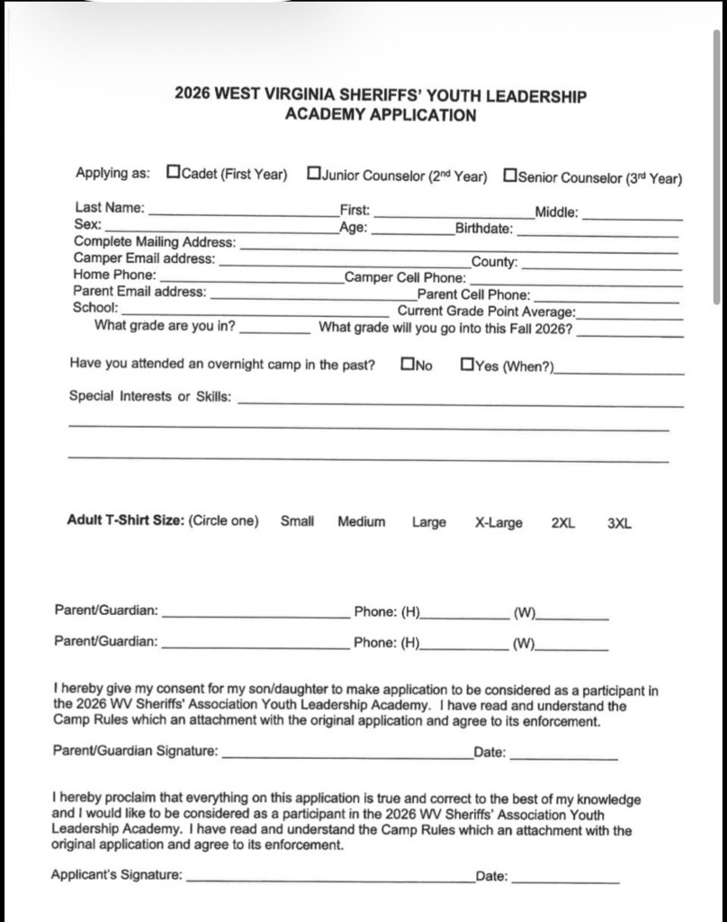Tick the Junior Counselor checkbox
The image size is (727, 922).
pyautogui.click(x=313, y=173)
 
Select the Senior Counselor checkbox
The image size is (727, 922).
pyautogui.click(x=510, y=174)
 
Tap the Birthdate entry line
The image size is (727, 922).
pyautogui.click(x=597, y=233)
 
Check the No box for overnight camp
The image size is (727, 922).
pyautogui.click(x=408, y=365)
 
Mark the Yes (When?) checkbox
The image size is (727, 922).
pyautogui.click(x=466, y=365)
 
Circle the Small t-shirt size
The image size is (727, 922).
pyautogui.click(x=297, y=521)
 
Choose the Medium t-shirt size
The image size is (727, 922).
pyautogui.click(x=361, y=521)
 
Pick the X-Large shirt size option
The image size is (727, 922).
pyautogui.click(x=498, y=522)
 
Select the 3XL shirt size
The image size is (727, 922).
pyautogui.click(x=619, y=522)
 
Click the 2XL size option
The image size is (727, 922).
pyautogui.click(x=562, y=522)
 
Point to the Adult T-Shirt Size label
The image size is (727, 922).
pyautogui.click(x=125, y=520)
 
